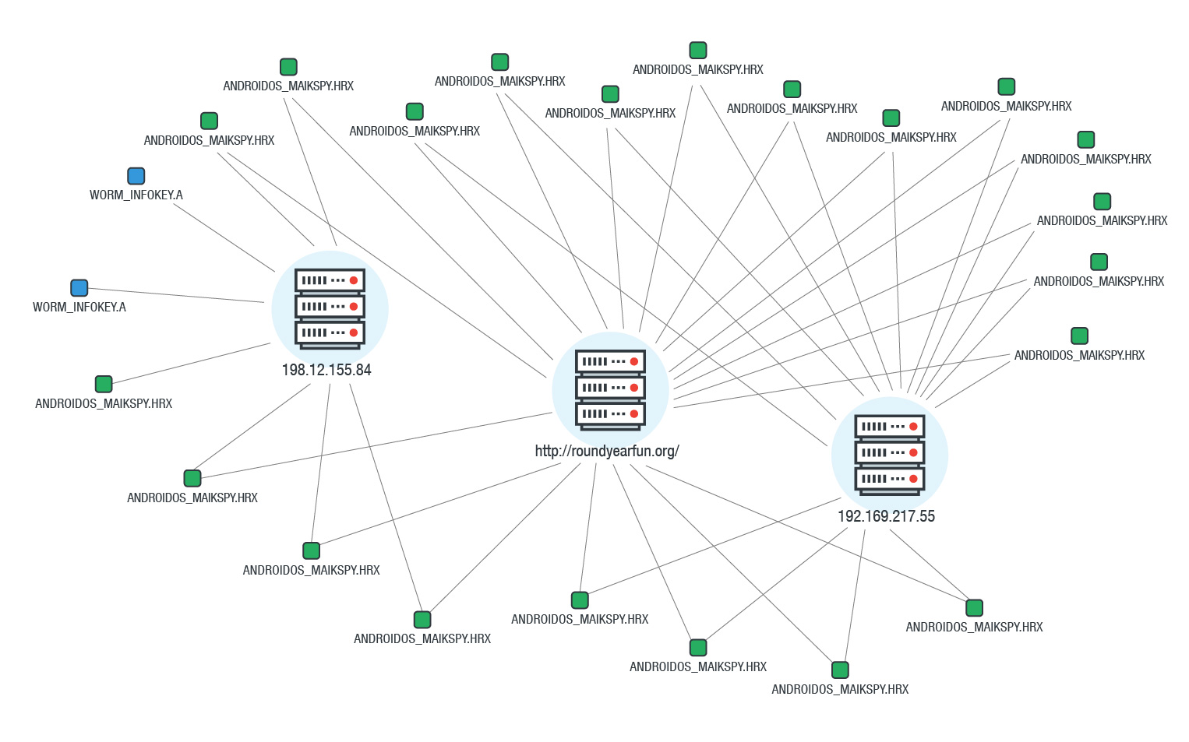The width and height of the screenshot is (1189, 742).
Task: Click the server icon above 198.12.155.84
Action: click(330, 308)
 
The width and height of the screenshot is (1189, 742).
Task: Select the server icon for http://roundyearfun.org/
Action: click(610, 389)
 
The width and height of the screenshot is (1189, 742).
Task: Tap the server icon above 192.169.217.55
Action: click(890, 454)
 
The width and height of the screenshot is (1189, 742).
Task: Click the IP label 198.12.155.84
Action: click(326, 370)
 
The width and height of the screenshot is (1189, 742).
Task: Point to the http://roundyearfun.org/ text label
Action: click(607, 451)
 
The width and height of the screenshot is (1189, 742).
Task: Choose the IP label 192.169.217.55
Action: click(886, 516)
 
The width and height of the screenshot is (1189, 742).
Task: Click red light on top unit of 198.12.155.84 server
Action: click(354, 280)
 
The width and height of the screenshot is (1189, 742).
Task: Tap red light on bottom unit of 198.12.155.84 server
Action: click(354, 332)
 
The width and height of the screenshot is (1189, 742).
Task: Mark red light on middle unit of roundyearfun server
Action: click(634, 388)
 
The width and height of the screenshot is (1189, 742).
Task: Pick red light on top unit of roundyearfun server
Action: click(634, 361)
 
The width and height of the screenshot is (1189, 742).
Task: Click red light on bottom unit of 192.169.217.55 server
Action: click(913, 479)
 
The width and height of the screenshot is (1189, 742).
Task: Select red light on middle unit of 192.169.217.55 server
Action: click(913, 452)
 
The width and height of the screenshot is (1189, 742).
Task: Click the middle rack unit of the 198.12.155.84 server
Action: click(330, 307)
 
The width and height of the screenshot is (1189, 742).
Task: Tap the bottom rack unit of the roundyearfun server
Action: click(610, 413)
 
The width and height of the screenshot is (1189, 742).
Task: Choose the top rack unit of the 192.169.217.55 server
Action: click(890, 427)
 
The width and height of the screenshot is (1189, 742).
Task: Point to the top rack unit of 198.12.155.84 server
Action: click(330, 280)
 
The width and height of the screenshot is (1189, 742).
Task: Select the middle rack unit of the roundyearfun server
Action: click(610, 388)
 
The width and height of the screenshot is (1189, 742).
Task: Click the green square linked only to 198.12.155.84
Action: click(104, 384)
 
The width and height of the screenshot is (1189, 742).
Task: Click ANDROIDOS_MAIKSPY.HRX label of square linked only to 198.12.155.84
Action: click(104, 403)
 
